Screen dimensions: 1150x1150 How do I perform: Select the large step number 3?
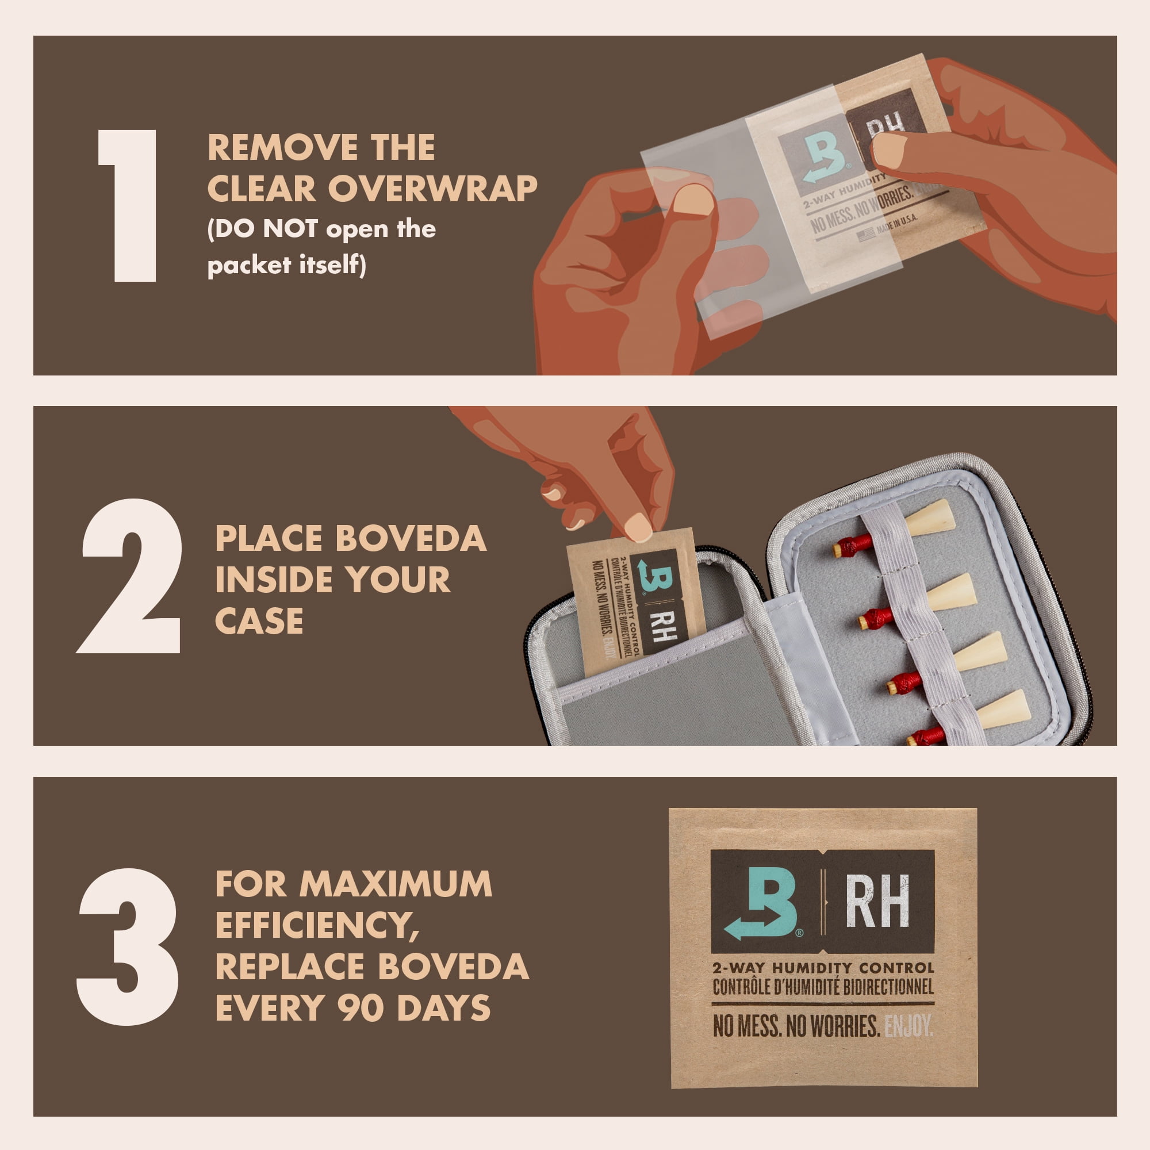[x=128, y=946]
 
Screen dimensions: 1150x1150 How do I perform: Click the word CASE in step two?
[x=259, y=621]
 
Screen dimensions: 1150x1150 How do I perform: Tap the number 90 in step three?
[x=360, y=1008]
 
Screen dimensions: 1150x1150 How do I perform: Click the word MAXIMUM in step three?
[x=395, y=883]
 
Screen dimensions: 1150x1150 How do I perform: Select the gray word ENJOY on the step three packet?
[x=908, y=1026]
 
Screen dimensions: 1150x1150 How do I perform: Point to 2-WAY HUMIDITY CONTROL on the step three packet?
[x=823, y=968]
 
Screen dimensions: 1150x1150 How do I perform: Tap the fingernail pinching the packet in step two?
[x=638, y=527]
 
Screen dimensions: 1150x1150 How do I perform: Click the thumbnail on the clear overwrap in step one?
[x=694, y=200]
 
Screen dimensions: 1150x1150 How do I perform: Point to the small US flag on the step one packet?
[x=866, y=233]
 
